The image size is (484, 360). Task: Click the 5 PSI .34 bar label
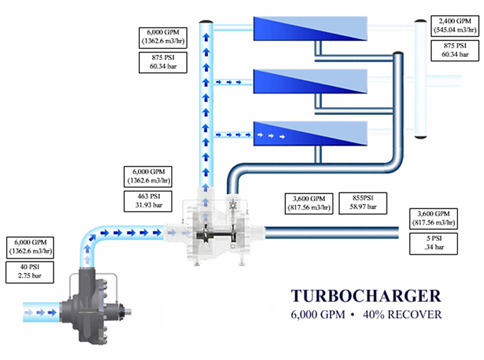pyautogui.click(x=437, y=243)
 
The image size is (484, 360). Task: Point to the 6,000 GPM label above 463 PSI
pyautogui.click(x=146, y=176)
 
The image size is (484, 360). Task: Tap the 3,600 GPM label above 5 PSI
pyautogui.click(x=437, y=217)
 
